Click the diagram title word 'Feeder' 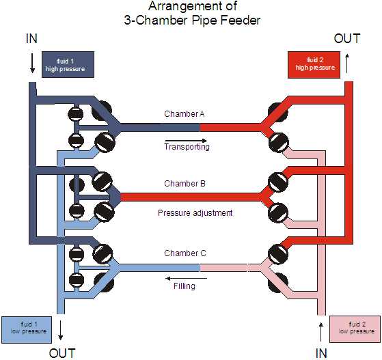tap(241, 20)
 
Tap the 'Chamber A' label tap(185, 114)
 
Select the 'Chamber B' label tap(185, 183)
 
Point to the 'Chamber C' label tap(185, 253)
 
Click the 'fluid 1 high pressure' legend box tap(68, 64)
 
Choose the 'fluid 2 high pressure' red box tap(314, 65)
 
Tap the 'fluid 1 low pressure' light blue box tap(27, 330)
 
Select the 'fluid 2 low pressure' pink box tap(355, 329)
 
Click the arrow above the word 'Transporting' tap(187, 141)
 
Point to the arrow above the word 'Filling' tap(187, 279)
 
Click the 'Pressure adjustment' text tap(195, 213)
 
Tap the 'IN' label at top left tap(31, 39)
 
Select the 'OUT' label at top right tap(347, 39)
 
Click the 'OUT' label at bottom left tap(62, 353)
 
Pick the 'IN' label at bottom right tap(321, 353)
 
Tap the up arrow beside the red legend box tap(347, 64)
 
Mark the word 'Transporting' tap(187, 147)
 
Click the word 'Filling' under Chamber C tap(185, 286)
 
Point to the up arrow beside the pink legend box tap(321, 331)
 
